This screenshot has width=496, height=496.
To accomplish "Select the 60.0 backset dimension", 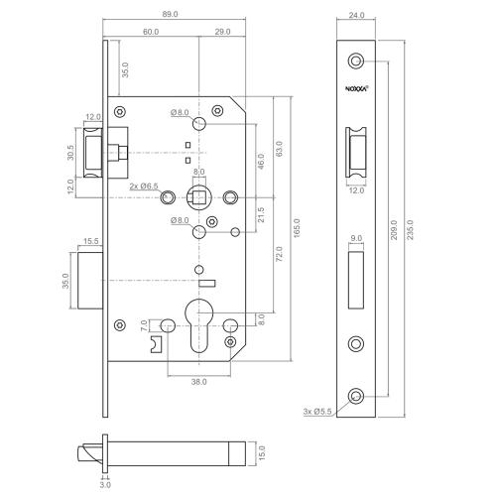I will click(x=150, y=32).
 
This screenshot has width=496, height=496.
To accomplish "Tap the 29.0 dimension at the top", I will click(x=221, y=32).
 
